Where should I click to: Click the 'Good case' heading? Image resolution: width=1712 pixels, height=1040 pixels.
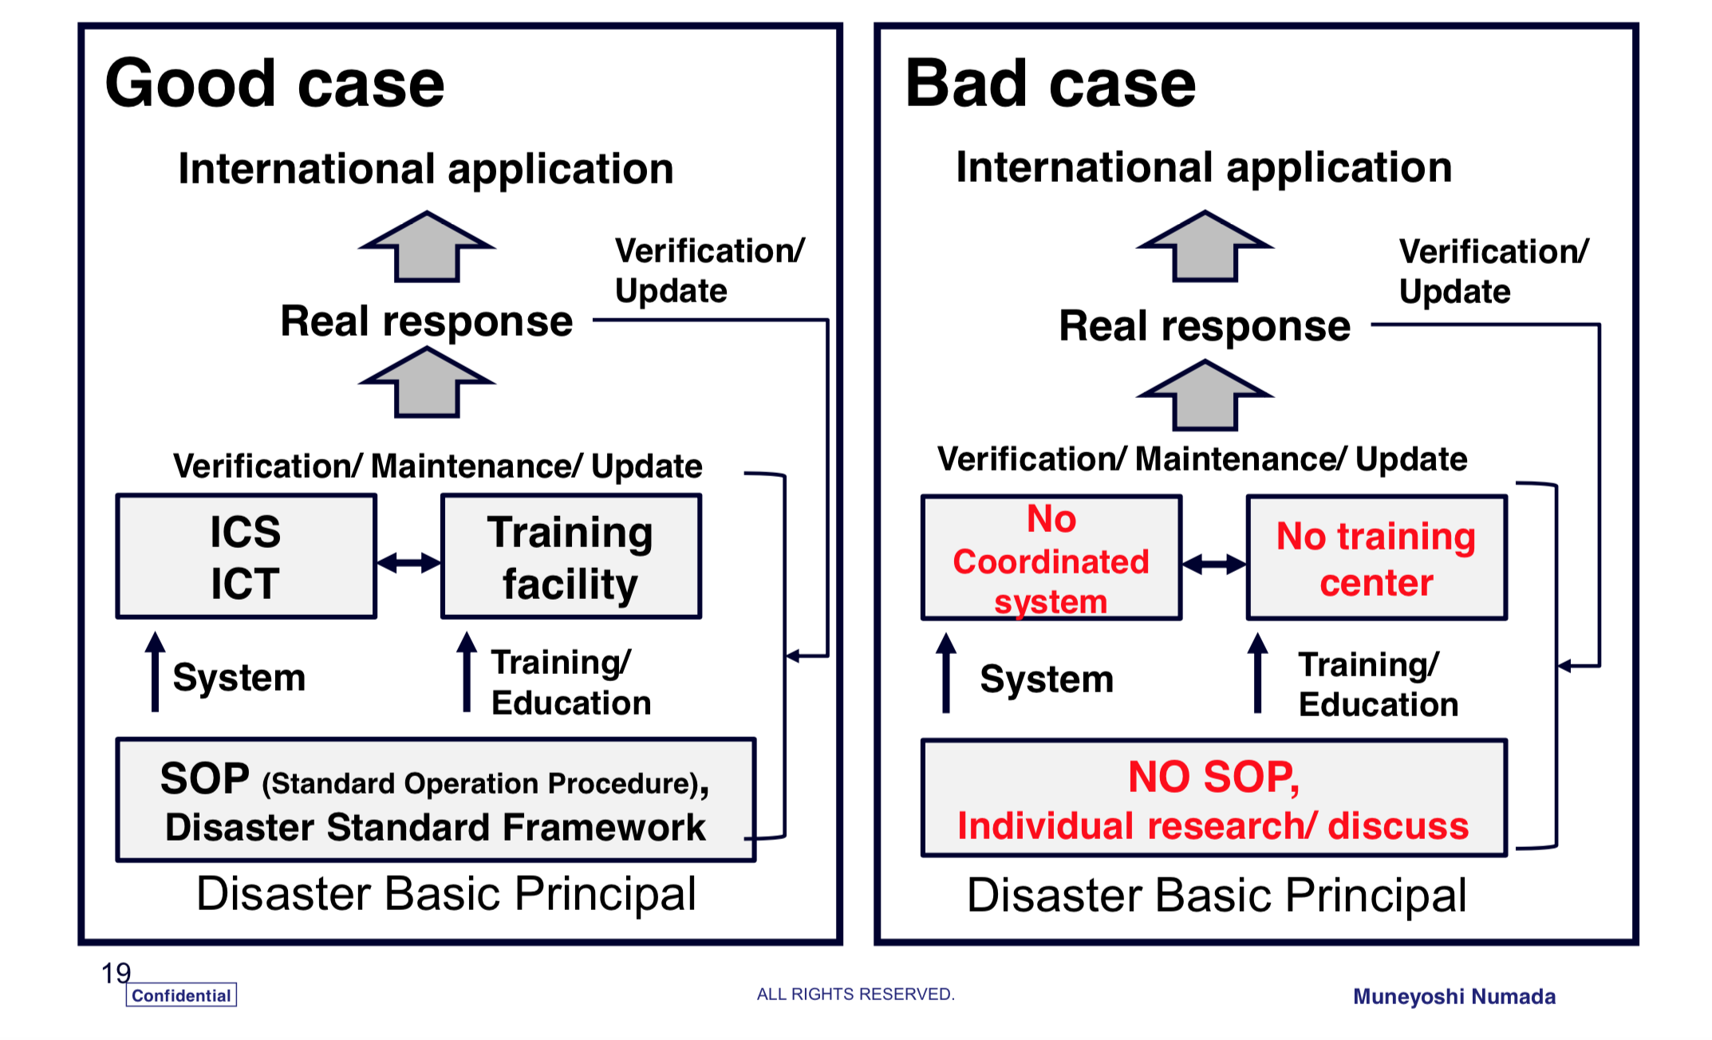tap(274, 84)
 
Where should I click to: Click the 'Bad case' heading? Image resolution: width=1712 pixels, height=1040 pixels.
tap(1051, 84)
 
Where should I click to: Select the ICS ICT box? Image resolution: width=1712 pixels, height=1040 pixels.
tap(246, 557)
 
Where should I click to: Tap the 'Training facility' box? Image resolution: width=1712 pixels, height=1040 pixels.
tap(571, 557)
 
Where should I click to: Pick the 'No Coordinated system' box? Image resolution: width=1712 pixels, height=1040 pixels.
tap(1051, 557)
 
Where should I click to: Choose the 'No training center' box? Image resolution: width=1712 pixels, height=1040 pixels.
tap(1377, 557)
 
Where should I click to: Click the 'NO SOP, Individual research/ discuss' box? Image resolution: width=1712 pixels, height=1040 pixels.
tap(1214, 798)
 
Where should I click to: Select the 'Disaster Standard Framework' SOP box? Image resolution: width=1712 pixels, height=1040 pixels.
tap(436, 800)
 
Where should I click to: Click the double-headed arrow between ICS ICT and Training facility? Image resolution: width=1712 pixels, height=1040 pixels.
tap(408, 563)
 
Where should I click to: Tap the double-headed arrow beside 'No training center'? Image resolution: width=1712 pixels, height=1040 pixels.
tap(1214, 565)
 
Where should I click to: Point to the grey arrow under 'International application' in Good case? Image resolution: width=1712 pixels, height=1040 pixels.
tap(427, 246)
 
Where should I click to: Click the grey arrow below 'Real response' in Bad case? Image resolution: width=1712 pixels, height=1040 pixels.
tap(1205, 395)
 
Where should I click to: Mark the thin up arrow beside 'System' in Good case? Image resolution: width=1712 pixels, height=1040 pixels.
tap(155, 672)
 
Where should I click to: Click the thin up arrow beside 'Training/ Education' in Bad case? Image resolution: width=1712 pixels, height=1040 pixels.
tap(1257, 673)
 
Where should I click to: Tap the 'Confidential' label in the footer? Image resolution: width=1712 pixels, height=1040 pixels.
tap(181, 995)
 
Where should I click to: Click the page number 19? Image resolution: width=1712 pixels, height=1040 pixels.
tap(116, 973)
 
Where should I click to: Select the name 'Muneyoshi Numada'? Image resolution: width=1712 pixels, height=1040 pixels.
tap(1454, 997)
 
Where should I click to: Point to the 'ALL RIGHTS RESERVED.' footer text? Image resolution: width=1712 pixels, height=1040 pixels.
tap(855, 995)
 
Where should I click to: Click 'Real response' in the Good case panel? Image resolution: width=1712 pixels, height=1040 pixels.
tap(427, 322)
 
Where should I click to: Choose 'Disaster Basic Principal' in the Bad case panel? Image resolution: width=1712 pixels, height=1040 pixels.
tap(1217, 895)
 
